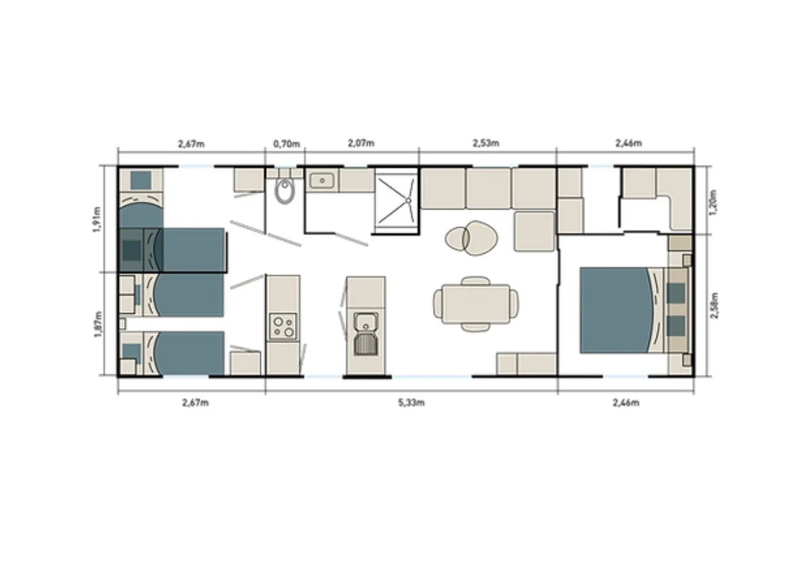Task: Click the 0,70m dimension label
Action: pyautogui.click(x=285, y=143)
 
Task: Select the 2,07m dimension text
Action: pyautogui.click(x=360, y=143)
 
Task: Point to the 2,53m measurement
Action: pyautogui.click(x=486, y=143)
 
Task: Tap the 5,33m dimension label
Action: pyautogui.click(x=411, y=402)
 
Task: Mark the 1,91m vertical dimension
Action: pyautogui.click(x=99, y=218)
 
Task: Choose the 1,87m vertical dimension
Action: pyautogui.click(x=99, y=324)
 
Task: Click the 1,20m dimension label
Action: pyautogui.click(x=712, y=199)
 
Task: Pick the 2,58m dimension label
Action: pyautogui.click(x=712, y=305)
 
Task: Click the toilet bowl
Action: pyautogui.click(x=285, y=191)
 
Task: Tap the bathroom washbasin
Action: pyautogui.click(x=321, y=180)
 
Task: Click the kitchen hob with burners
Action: pyautogui.click(x=282, y=327)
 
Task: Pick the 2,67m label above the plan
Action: pyautogui.click(x=191, y=143)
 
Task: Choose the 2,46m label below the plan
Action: pyautogui.click(x=626, y=402)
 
